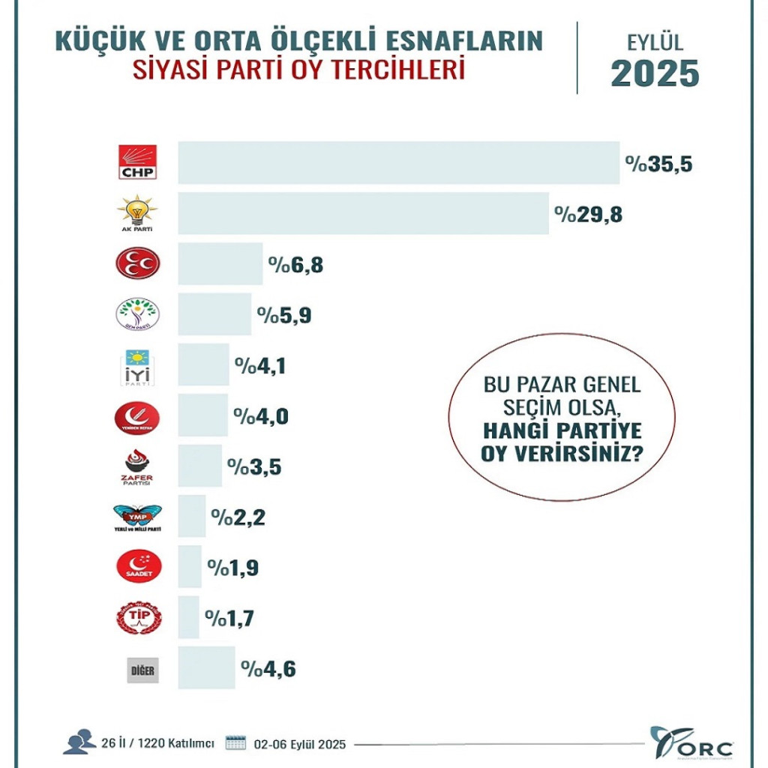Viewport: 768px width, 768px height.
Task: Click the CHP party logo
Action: [137, 162]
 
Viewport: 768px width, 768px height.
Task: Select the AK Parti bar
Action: [363, 214]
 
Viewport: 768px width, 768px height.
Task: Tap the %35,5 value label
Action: [658, 163]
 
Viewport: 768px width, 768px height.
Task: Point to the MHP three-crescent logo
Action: [137, 263]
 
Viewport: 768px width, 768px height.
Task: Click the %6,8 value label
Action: [295, 265]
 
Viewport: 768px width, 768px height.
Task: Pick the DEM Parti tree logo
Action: [137, 315]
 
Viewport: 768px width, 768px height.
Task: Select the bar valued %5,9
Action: [214, 314]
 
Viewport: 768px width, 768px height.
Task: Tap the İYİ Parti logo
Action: [137, 367]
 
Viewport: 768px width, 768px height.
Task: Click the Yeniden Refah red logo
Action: [137, 418]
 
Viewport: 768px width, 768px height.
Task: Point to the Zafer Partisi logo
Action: [137, 468]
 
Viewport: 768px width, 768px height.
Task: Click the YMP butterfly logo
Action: [137, 518]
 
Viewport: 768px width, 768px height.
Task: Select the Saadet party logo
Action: [138, 567]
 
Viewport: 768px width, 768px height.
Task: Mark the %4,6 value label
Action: [268, 668]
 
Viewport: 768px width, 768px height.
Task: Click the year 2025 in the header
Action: [655, 73]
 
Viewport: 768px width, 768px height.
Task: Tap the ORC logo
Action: [691, 742]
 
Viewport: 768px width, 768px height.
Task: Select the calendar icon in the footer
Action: [236, 742]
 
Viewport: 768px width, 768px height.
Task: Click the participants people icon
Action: [79, 742]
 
